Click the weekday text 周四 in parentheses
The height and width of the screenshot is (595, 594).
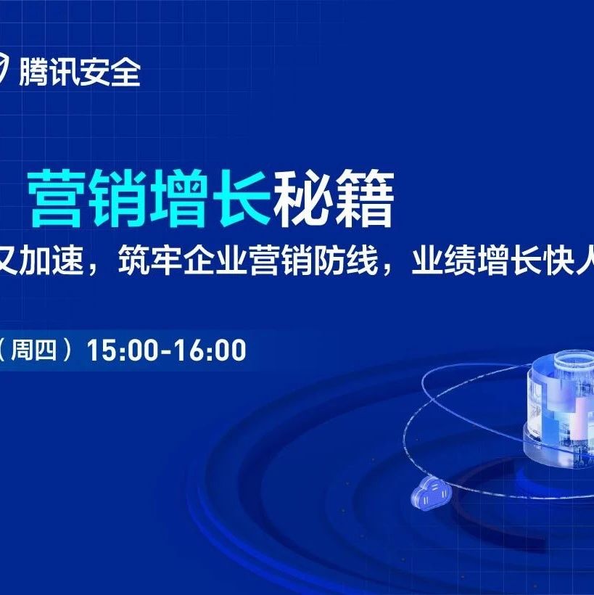pyautogui.click(x=34, y=350)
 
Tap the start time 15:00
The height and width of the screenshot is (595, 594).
pyautogui.click(x=121, y=350)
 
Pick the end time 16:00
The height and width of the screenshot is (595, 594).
pyautogui.click(x=210, y=350)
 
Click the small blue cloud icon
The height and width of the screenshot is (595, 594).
pyautogui.click(x=431, y=492)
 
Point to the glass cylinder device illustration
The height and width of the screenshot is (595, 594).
pyautogui.click(x=558, y=408)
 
